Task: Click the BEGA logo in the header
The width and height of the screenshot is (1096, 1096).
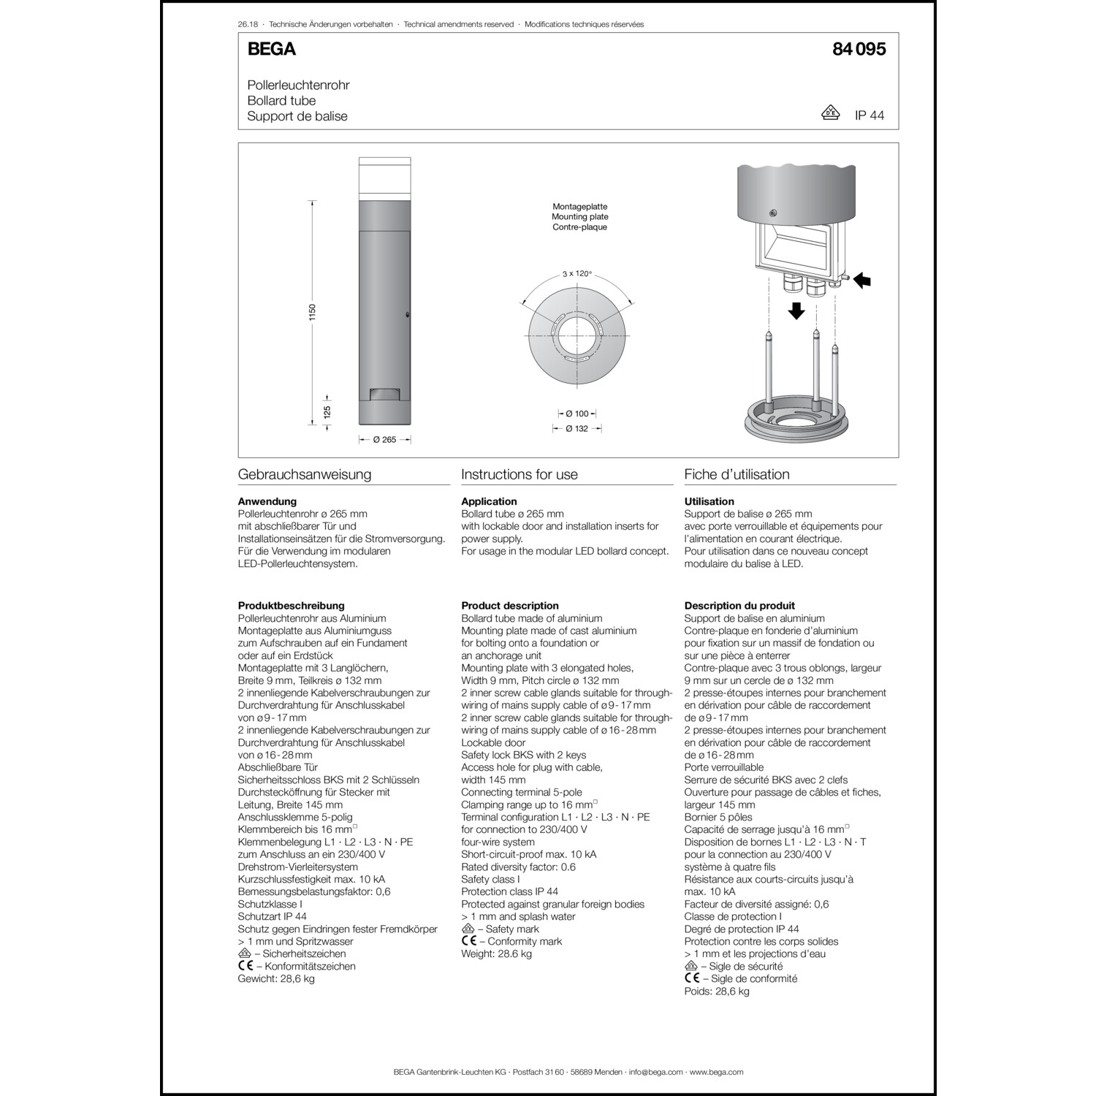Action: click(x=271, y=49)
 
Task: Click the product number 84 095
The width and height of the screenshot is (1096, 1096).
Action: click(x=859, y=49)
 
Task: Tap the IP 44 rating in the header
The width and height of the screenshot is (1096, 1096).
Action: click(x=869, y=116)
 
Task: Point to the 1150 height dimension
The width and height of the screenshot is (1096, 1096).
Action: click(x=312, y=312)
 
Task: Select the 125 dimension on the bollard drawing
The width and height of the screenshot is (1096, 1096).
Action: click(x=327, y=412)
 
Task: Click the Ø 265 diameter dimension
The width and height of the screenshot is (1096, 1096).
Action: click(x=384, y=440)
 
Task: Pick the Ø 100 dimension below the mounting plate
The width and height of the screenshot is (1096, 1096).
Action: click(x=576, y=414)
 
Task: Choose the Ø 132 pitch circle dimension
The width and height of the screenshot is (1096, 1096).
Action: click(x=576, y=429)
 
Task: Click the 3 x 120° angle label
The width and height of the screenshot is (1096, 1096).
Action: click(x=576, y=274)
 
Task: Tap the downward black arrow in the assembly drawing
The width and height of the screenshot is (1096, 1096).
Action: click(x=796, y=311)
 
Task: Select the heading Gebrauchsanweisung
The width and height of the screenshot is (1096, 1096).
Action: click(x=305, y=474)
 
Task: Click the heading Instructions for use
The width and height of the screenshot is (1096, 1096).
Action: click(x=520, y=474)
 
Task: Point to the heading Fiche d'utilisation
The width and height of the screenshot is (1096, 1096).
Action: click(x=737, y=474)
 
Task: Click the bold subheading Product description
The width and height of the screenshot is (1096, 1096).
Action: click(x=510, y=606)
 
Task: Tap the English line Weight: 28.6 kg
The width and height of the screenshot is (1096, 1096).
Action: click(x=496, y=954)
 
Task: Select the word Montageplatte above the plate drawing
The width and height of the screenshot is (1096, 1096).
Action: click(x=579, y=207)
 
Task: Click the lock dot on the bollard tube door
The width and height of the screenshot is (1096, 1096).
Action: click(x=406, y=315)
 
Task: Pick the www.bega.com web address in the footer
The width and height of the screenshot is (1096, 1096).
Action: click(x=716, y=1072)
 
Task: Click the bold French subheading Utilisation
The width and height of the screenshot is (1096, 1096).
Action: click(x=709, y=502)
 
